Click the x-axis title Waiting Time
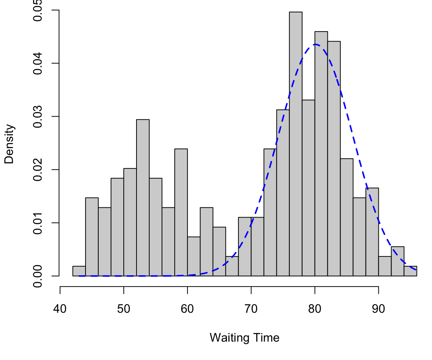click(244, 338)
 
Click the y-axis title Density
click(9, 144)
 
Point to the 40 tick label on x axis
click(60, 309)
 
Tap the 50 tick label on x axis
click(124, 309)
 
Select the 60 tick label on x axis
click(187, 309)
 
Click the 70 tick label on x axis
click(251, 309)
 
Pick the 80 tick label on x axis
click(315, 309)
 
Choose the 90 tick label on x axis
click(378, 309)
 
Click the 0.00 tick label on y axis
click(38, 276)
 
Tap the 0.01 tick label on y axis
click(38, 223)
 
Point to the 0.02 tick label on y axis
click(38, 169)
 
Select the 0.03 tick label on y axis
click(38, 117)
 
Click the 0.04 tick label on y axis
click(38, 63)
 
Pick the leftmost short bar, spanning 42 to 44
click(79, 271)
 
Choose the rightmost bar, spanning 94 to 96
click(410, 271)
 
